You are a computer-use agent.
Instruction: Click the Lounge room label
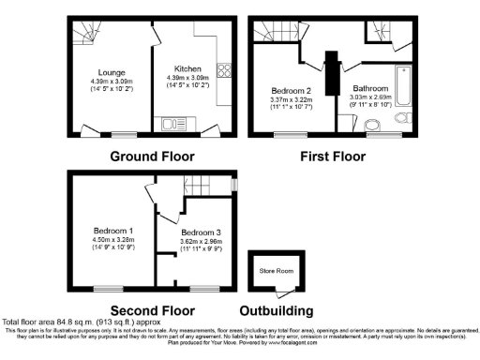(112, 71)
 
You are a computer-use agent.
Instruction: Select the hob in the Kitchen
(223, 69)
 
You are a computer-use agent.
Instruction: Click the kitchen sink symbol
(172, 123)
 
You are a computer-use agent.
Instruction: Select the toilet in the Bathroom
(403, 119)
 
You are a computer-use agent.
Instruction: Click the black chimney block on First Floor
(332, 71)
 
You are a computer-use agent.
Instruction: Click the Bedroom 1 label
(112, 231)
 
